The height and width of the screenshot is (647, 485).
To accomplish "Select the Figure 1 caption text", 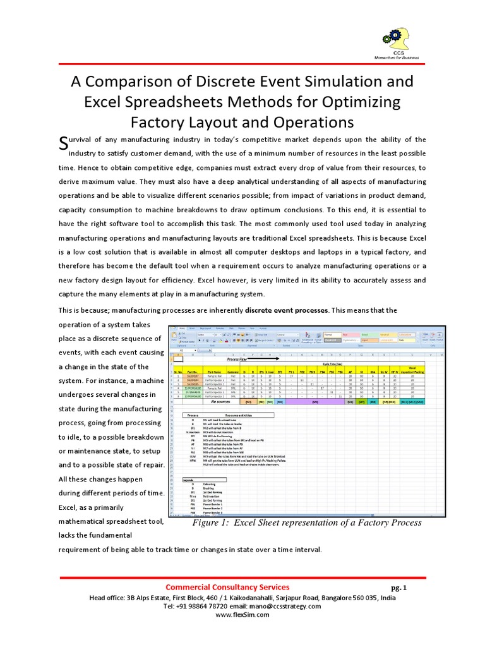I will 306,523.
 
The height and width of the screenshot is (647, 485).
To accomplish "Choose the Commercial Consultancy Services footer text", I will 227,587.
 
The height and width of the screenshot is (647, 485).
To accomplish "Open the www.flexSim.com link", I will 242,615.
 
